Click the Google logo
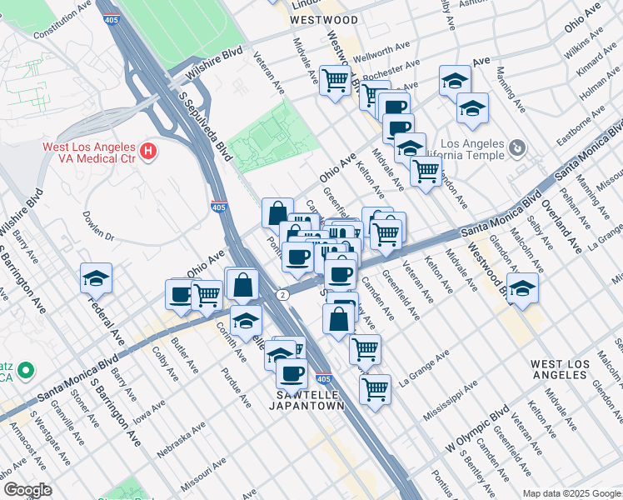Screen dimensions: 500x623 point(27,489)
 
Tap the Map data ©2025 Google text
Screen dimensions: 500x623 point(572,493)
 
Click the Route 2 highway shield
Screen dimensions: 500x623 point(283,295)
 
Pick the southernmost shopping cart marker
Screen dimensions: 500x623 point(375,388)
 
